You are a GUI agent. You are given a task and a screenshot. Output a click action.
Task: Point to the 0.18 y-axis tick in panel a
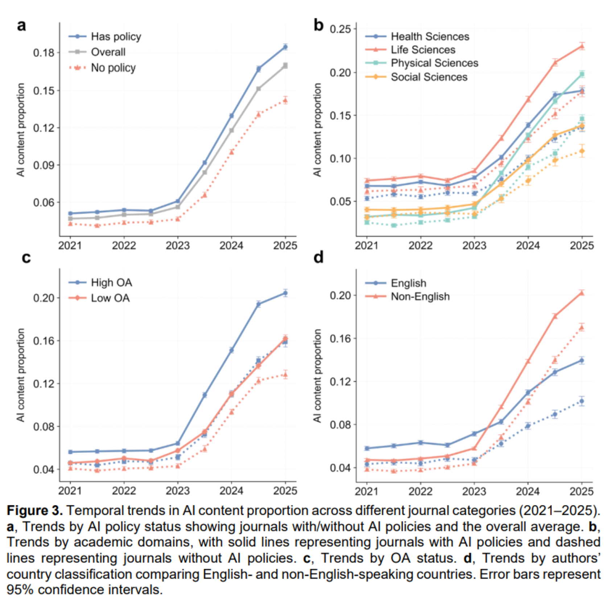coord(44,53)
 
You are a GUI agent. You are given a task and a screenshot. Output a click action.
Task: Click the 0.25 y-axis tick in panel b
coord(340,29)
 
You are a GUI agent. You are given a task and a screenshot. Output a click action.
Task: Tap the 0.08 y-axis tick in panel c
coord(44,426)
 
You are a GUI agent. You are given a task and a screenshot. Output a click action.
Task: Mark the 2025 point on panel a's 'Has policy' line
coord(285,47)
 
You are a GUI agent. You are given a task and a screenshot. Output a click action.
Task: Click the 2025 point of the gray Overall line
coord(285,66)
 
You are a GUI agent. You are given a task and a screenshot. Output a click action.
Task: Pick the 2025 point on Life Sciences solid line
coord(582,46)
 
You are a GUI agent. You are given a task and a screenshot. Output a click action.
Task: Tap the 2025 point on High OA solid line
coord(285,293)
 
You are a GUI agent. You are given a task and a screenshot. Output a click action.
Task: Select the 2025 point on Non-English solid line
coord(582,293)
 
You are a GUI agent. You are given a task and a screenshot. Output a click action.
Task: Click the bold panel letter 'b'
coord(318,26)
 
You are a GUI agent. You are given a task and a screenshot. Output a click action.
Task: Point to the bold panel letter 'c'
coord(26,258)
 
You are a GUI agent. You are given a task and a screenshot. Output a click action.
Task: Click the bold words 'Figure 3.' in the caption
coord(35,510)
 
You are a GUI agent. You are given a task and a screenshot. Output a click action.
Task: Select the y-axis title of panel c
coord(21,375)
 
